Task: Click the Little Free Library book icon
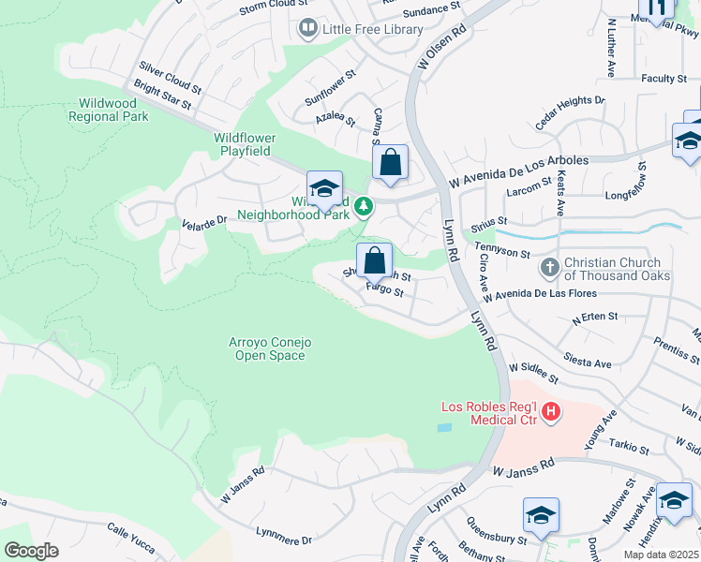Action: [307, 29]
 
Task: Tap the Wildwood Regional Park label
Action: [109, 110]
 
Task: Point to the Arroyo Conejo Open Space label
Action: [270, 348]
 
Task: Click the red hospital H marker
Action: [551, 411]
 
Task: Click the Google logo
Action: [31, 551]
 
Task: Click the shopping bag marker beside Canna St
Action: [390, 163]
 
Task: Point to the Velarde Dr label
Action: [203, 222]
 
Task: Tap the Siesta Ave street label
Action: [587, 360]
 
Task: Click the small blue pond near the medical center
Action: [443, 427]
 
